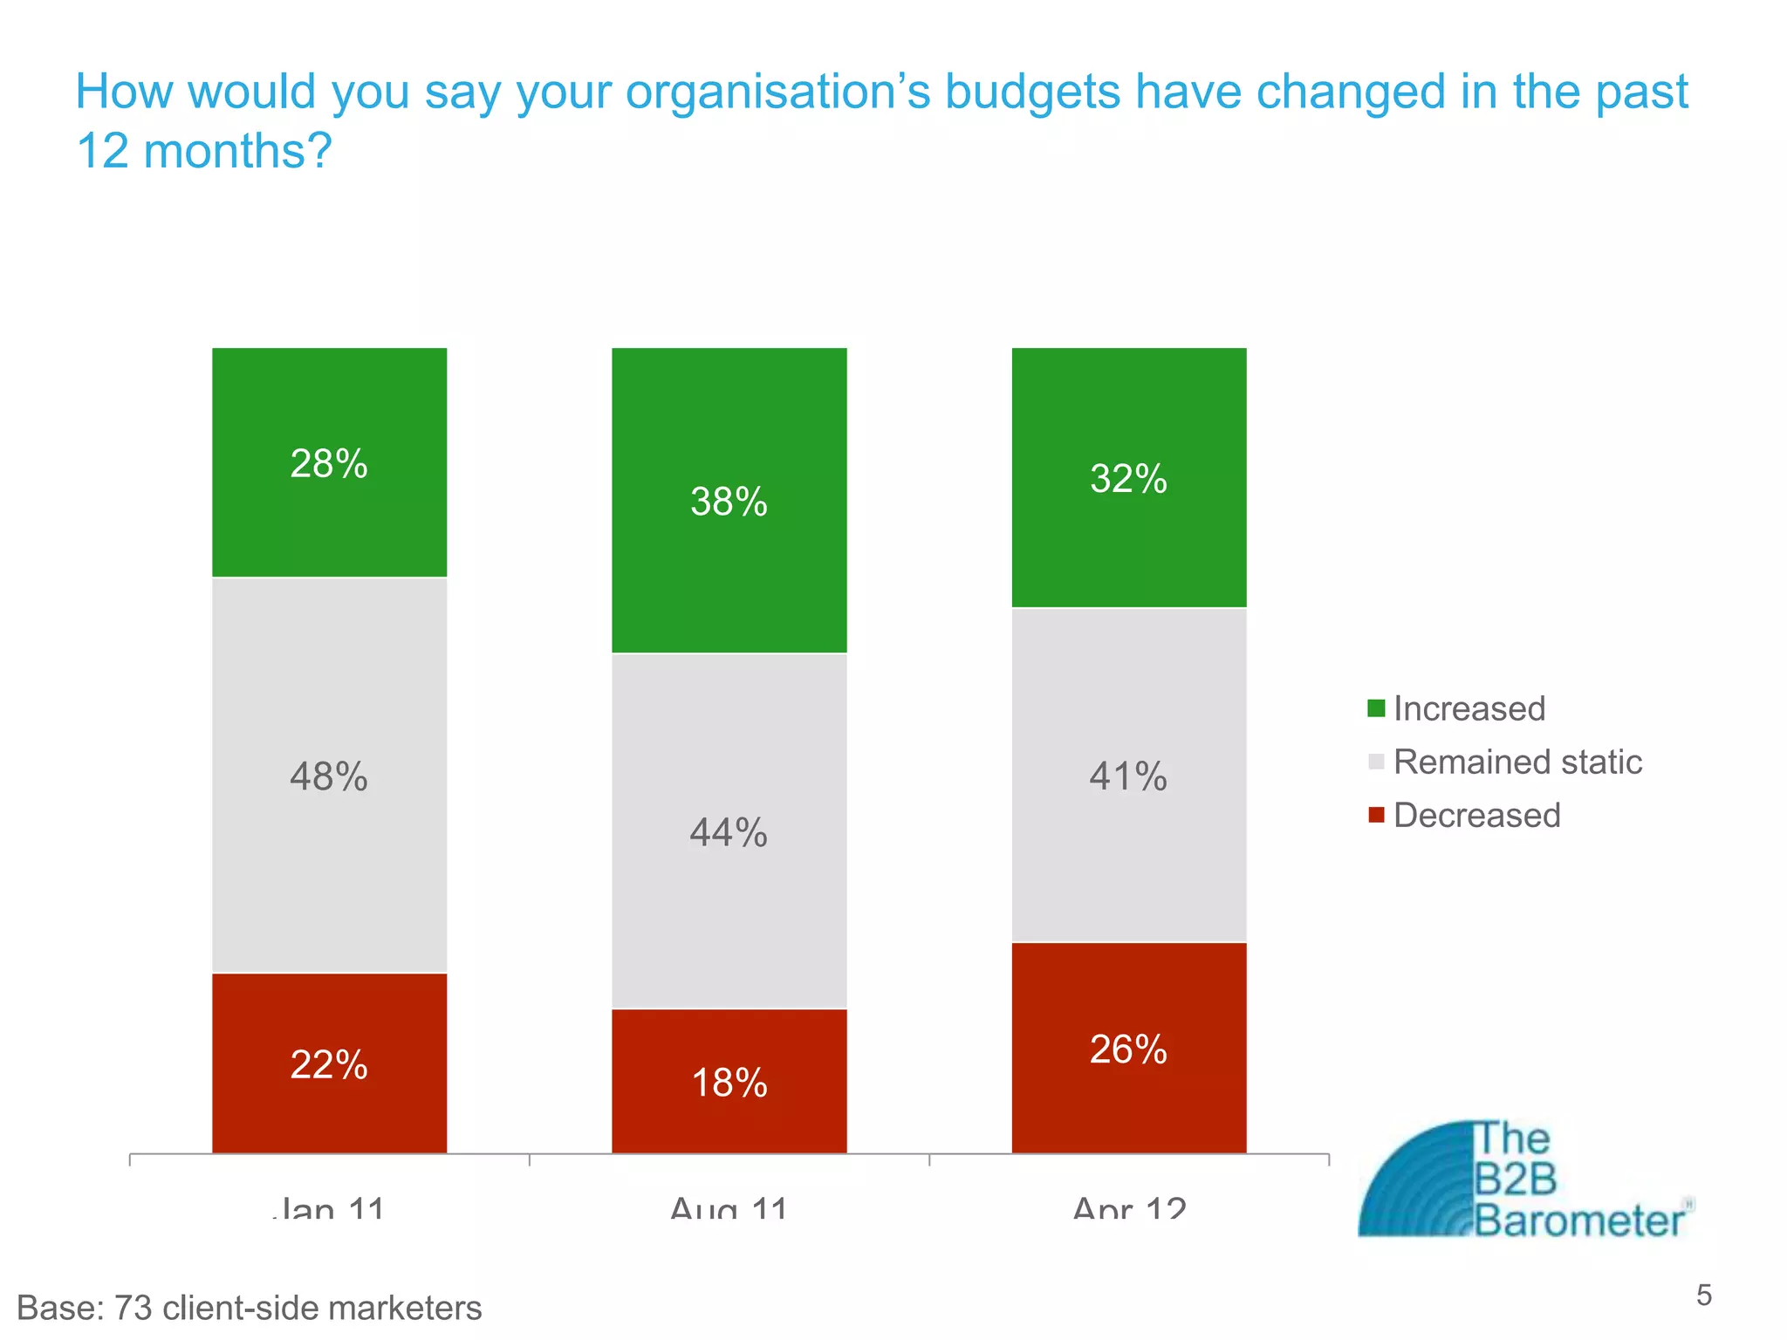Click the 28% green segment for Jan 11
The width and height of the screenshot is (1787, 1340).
tap(329, 462)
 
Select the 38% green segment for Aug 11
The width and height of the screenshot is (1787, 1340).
tap(729, 501)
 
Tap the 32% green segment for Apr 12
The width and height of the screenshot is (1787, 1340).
tap(1128, 478)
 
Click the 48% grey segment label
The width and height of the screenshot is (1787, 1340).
tap(329, 776)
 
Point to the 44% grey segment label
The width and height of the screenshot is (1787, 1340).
tap(729, 831)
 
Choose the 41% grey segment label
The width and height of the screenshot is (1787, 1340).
tap(1128, 776)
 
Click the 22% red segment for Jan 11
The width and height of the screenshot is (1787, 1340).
tap(329, 1064)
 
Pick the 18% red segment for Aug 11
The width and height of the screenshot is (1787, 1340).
tap(729, 1083)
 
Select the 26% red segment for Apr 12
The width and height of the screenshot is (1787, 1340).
tap(1128, 1049)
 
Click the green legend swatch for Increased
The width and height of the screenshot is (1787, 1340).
tap(1376, 708)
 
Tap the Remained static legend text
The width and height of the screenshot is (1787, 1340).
tap(1517, 762)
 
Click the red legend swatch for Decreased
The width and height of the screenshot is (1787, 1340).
tap(1376, 816)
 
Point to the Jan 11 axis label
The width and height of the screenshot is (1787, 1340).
tap(329, 1208)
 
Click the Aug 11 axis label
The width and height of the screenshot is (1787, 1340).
tap(729, 1208)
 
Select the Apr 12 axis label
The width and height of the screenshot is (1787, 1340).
tap(1128, 1208)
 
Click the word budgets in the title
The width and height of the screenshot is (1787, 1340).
tap(1032, 92)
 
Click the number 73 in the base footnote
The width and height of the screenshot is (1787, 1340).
tap(134, 1308)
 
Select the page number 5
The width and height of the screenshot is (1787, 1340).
tap(1704, 1296)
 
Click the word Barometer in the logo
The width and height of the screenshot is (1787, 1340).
tap(1579, 1220)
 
